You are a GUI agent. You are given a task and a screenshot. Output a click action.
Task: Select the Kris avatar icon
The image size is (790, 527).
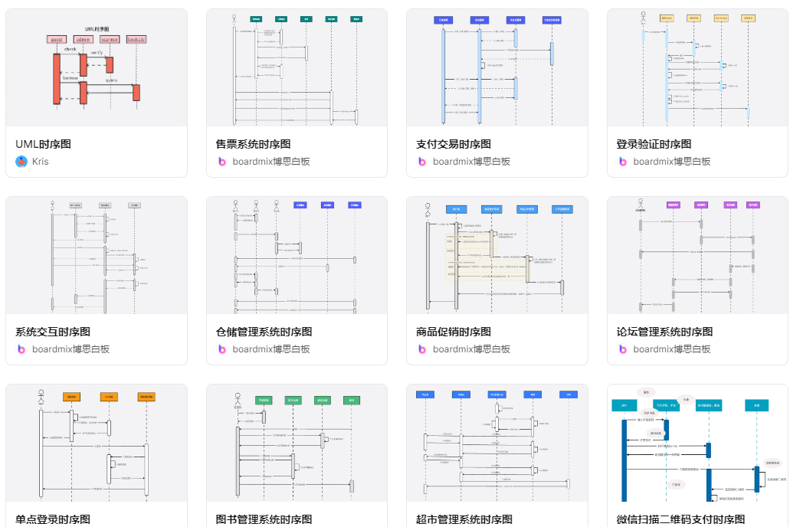tap(21, 162)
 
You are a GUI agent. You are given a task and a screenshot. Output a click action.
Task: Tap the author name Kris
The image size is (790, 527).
tap(40, 162)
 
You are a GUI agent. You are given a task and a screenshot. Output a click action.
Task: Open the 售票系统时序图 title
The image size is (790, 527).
tap(253, 144)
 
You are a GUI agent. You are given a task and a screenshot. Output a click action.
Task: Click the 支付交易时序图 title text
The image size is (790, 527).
tap(454, 144)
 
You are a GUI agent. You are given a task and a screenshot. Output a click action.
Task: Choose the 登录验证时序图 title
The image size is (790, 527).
tap(654, 144)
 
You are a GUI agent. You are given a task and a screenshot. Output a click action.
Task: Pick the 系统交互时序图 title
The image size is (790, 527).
tap(53, 332)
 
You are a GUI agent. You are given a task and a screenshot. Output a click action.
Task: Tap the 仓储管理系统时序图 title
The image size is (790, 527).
tap(264, 332)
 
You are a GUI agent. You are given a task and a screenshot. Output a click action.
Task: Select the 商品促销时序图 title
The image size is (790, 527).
tap(454, 332)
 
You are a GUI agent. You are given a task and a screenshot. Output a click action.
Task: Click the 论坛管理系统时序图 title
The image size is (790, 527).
tap(664, 332)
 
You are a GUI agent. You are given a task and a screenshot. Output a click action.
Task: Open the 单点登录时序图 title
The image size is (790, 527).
tap(53, 519)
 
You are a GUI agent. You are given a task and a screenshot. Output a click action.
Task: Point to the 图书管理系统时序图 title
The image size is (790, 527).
tap(264, 519)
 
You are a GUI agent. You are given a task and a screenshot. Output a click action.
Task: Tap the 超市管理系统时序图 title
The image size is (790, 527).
tap(464, 519)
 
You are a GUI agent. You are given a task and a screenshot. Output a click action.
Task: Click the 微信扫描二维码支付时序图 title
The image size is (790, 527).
tap(680, 519)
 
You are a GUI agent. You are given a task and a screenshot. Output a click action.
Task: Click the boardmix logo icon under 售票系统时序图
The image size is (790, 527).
tap(222, 162)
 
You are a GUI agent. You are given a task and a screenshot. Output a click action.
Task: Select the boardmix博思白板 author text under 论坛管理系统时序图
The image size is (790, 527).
tap(672, 349)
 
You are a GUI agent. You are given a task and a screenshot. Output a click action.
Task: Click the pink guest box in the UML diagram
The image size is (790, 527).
tap(57, 39)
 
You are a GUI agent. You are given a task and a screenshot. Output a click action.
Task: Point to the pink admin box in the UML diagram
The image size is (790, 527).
tap(83, 39)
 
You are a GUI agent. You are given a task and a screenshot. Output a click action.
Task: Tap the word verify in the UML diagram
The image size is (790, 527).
tap(97, 53)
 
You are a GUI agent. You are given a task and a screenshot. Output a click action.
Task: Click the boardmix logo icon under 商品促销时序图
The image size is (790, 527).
tap(422, 349)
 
